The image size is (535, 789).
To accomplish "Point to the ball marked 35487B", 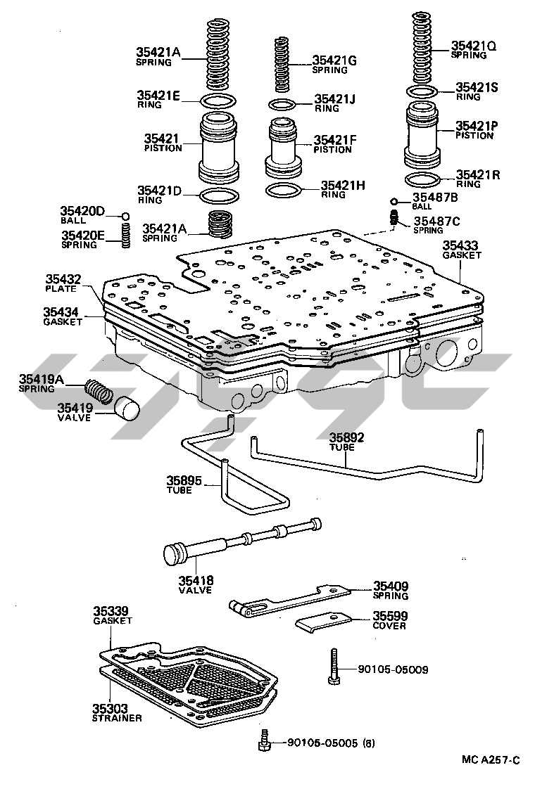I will pyautogui.click(x=394, y=200).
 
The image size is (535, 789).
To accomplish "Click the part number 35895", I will pyautogui.click(x=184, y=481).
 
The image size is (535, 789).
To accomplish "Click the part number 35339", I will pyautogui.click(x=112, y=611).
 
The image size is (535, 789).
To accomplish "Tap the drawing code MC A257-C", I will pyautogui.click(x=491, y=760).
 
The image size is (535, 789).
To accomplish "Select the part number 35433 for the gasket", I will pyautogui.click(x=461, y=245).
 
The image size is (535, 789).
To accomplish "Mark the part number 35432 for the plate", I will pyautogui.click(x=63, y=279).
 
